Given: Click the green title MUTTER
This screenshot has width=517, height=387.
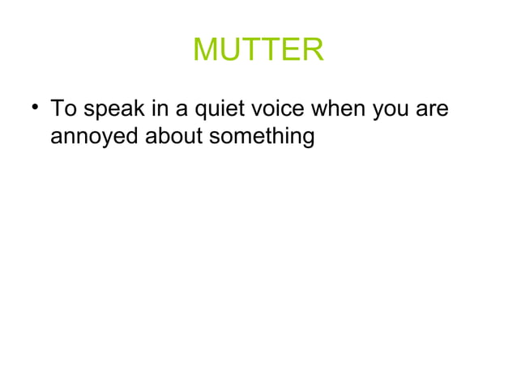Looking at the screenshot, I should [258, 51].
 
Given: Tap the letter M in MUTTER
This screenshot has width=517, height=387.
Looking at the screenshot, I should [207, 51].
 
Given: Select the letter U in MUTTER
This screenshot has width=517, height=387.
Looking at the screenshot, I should [232, 51].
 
